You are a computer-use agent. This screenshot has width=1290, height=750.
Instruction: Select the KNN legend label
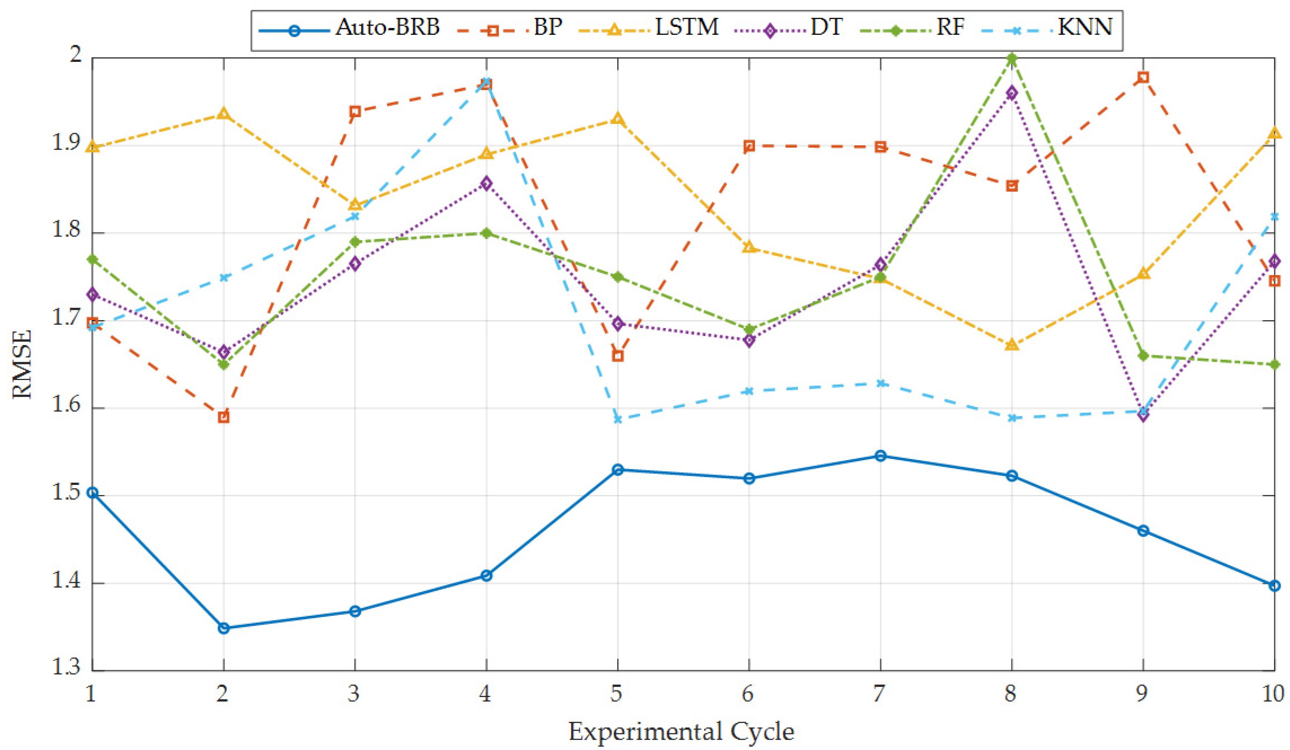pyautogui.click(x=1085, y=27)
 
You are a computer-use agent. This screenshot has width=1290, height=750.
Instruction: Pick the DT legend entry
pyautogui.click(x=826, y=27)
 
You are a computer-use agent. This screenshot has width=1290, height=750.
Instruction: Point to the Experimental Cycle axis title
pyautogui.click(x=682, y=731)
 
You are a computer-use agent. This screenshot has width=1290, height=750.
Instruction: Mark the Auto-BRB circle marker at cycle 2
pyautogui.click(x=224, y=628)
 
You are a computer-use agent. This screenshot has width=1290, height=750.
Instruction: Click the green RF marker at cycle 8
pyautogui.click(x=1012, y=58)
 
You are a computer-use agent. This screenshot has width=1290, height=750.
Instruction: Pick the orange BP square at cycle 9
pyautogui.click(x=1143, y=77)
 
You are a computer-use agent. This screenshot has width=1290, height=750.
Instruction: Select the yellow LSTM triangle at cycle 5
pyautogui.click(x=618, y=119)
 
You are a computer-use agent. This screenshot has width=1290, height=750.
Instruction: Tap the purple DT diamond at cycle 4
pyautogui.click(x=486, y=183)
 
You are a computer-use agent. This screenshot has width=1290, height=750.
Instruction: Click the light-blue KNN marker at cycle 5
pyautogui.click(x=618, y=419)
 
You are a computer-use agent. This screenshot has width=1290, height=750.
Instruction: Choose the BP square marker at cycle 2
pyautogui.click(x=224, y=417)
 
